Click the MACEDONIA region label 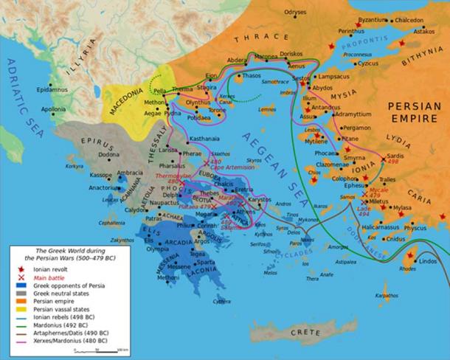click(x=128, y=112)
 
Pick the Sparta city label click(x=206, y=262)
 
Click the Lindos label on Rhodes click(x=428, y=261)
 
